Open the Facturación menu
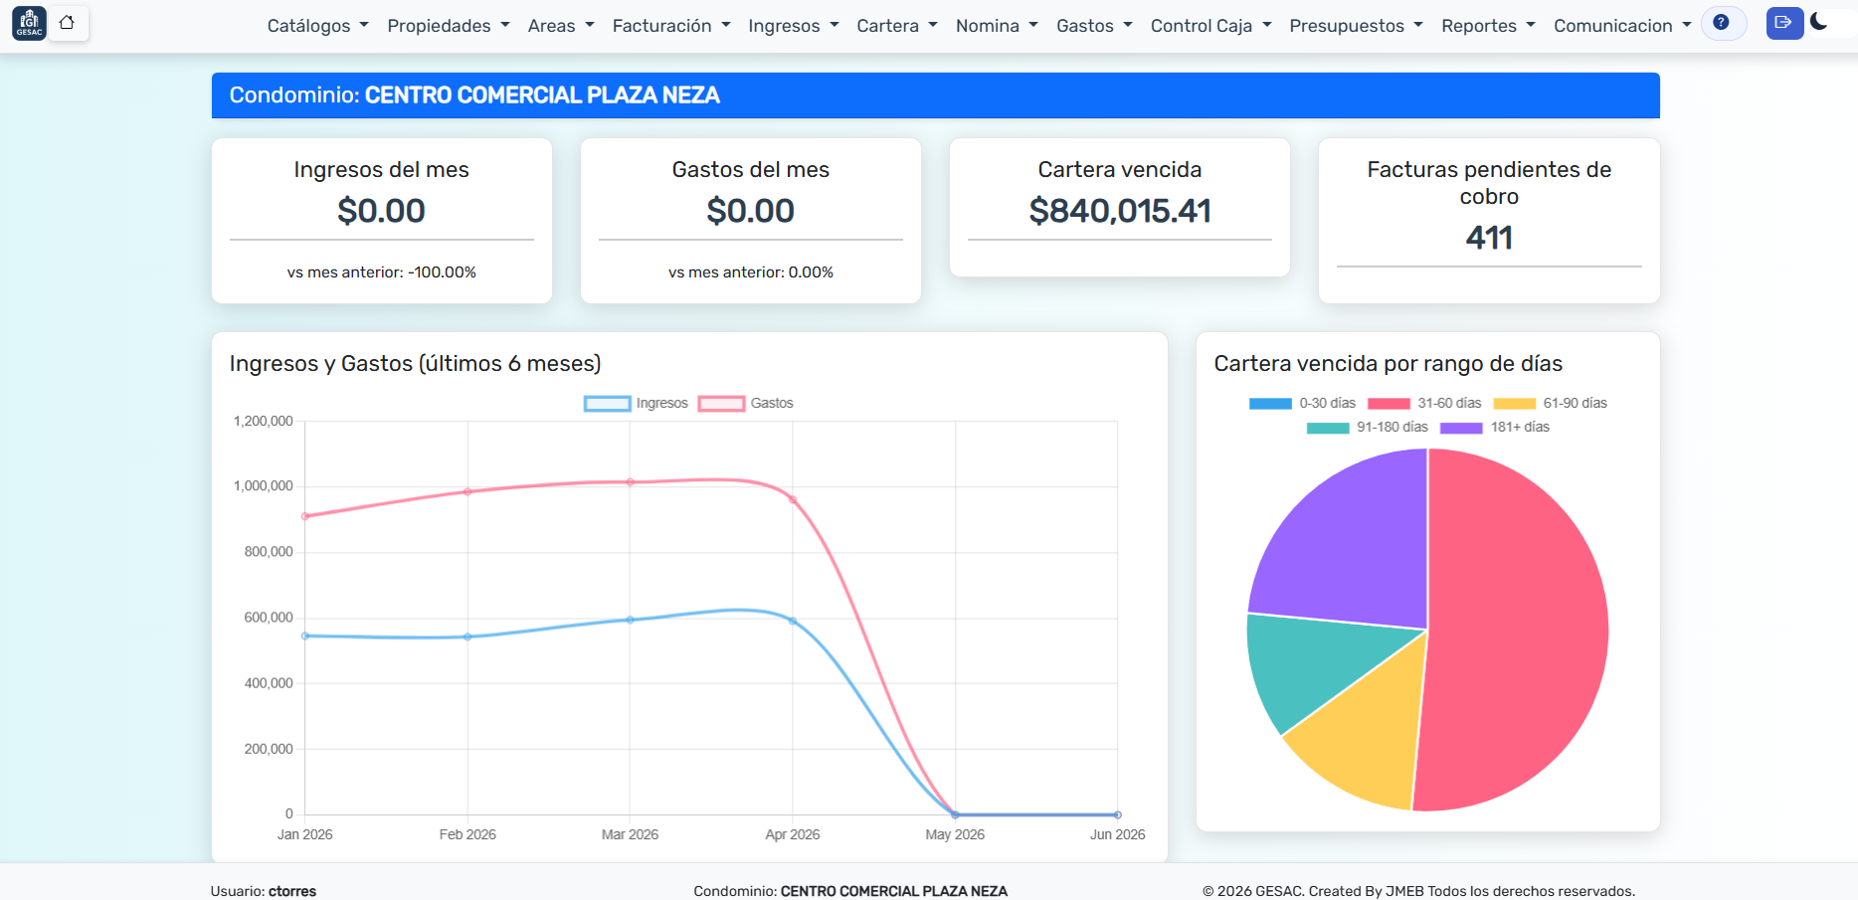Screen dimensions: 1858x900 (x=671, y=26)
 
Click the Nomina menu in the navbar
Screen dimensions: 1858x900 (x=997, y=26)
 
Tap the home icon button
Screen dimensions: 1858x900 (x=67, y=23)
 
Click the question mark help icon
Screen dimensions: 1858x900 (x=1721, y=22)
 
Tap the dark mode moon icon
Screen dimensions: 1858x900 (x=1818, y=21)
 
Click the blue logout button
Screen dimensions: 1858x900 (x=1784, y=23)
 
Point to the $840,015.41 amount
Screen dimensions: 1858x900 (x=1120, y=211)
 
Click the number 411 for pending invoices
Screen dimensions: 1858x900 (x=1489, y=238)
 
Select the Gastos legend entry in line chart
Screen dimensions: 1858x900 (x=745, y=403)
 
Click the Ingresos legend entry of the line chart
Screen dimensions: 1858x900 (x=636, y=403)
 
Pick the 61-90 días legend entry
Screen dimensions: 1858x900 (x=1550, y=403)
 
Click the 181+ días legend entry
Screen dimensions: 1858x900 (x=1494, y=427)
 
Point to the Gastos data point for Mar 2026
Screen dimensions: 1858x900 (x=630, y=482)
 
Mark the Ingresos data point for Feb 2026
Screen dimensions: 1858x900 (x=467, y=636)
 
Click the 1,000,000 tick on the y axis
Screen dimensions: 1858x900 (x=264, y=486)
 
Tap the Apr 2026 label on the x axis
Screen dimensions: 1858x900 (x=793, y=834)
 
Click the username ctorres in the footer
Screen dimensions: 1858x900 (x=292, y=891)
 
